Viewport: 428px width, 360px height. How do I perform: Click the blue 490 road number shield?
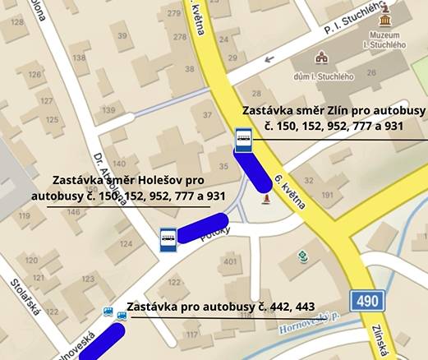tap(367, 301)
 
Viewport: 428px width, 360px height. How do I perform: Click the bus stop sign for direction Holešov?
tap(168, 239)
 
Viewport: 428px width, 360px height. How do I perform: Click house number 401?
tap(229, 262)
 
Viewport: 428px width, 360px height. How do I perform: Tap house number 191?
tap(328, 195)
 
